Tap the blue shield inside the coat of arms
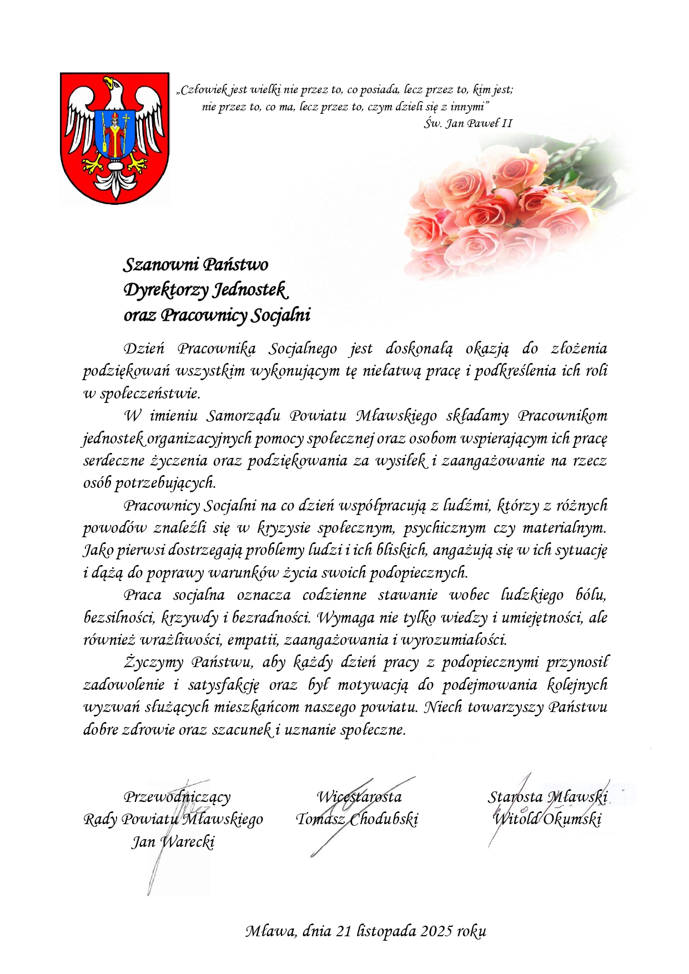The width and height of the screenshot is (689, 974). [x=115, y=134]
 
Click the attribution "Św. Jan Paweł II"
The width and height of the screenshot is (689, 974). [x=467, y=123]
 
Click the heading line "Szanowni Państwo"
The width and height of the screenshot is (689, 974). [x=195, y=264]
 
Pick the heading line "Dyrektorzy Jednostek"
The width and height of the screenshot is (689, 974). [x=205, y=290]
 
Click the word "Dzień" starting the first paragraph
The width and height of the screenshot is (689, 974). [x=144, y=349]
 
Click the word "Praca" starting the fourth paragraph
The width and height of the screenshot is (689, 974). [x=143, y=595]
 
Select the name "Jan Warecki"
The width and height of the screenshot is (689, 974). [x=173, y=842]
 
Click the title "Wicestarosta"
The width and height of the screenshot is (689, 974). [x=359, y=797]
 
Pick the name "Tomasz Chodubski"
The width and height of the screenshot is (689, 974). [x=357, y=819]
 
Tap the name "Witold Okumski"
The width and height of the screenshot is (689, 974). [x=547, y=819]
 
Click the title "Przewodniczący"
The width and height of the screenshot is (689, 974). [x=177, y=797]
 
